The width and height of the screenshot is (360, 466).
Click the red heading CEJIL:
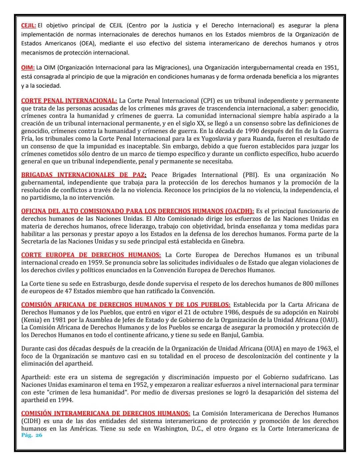tap(29, 25)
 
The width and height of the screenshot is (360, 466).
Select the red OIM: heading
tap(28, 68)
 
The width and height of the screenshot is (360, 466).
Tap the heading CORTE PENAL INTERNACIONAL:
tap(69, 101)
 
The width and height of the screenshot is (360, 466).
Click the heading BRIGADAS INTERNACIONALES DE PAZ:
tap(84, 175)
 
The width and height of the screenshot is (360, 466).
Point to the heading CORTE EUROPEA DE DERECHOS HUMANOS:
tap(91, 255)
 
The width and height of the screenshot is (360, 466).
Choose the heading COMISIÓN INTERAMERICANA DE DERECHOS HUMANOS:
tap(106, 414)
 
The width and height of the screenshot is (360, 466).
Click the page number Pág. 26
tap(32, 435)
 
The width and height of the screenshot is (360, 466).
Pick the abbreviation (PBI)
tap(250, 175)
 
